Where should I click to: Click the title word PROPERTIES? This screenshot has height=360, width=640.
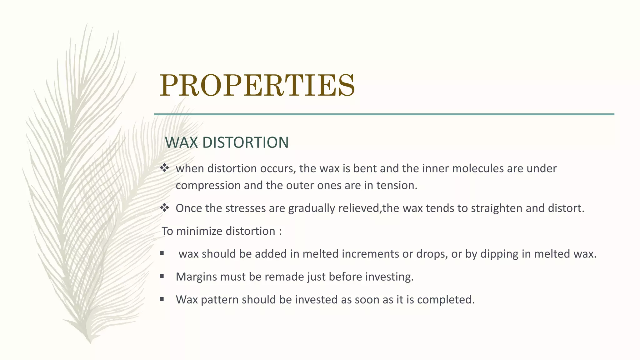257,85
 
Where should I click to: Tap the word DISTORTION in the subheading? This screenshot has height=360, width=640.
245,142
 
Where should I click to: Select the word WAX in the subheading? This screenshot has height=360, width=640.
182,142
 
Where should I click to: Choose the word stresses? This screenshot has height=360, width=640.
245,208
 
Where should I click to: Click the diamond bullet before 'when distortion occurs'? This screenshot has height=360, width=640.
164,168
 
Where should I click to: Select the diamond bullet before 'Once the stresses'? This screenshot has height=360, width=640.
164,207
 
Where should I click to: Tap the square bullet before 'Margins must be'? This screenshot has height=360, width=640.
162,276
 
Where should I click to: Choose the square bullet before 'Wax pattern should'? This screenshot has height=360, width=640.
162,299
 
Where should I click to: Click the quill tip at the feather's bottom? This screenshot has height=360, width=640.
90,342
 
